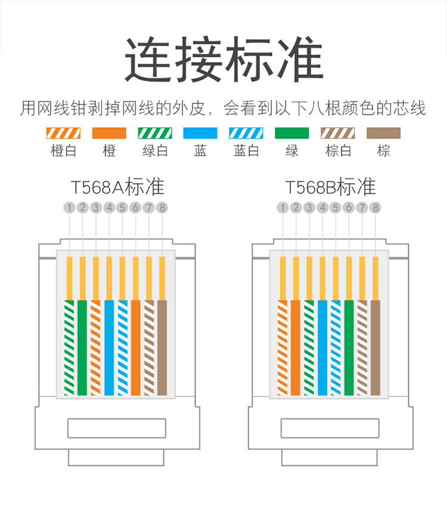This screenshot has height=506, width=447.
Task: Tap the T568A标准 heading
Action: coord(117,187)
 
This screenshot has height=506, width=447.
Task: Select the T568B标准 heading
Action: coord(330,187)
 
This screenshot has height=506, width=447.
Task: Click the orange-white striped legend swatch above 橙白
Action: coord(63,133)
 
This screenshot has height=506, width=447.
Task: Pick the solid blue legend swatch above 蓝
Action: coord(200,133)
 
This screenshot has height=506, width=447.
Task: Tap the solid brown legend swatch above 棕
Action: coord(383,133)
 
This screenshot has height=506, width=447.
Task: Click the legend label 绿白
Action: coord(155,150)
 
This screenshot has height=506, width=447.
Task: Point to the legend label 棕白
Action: coord(338,150)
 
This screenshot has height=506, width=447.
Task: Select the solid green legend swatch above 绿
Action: coord(292,133)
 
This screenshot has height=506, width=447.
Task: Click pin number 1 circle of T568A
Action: coord(70,208)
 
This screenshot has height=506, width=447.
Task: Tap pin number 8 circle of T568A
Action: coord(162,208)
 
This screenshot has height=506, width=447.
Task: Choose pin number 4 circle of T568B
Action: coord(322,208)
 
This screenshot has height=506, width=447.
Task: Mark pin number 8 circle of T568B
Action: coord(375,208)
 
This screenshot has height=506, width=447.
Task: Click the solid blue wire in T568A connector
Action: coord(109,347)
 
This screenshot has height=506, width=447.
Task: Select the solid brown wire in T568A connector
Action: coord(162,347)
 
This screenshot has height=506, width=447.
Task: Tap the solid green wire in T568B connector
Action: coord(349,347)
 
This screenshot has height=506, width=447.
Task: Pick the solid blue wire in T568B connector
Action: coord(322,347)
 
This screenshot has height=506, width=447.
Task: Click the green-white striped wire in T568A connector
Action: coord(70,347)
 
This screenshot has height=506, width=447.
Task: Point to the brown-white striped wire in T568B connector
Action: coord(362,347)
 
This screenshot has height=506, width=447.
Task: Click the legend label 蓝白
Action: coord(246,150)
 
